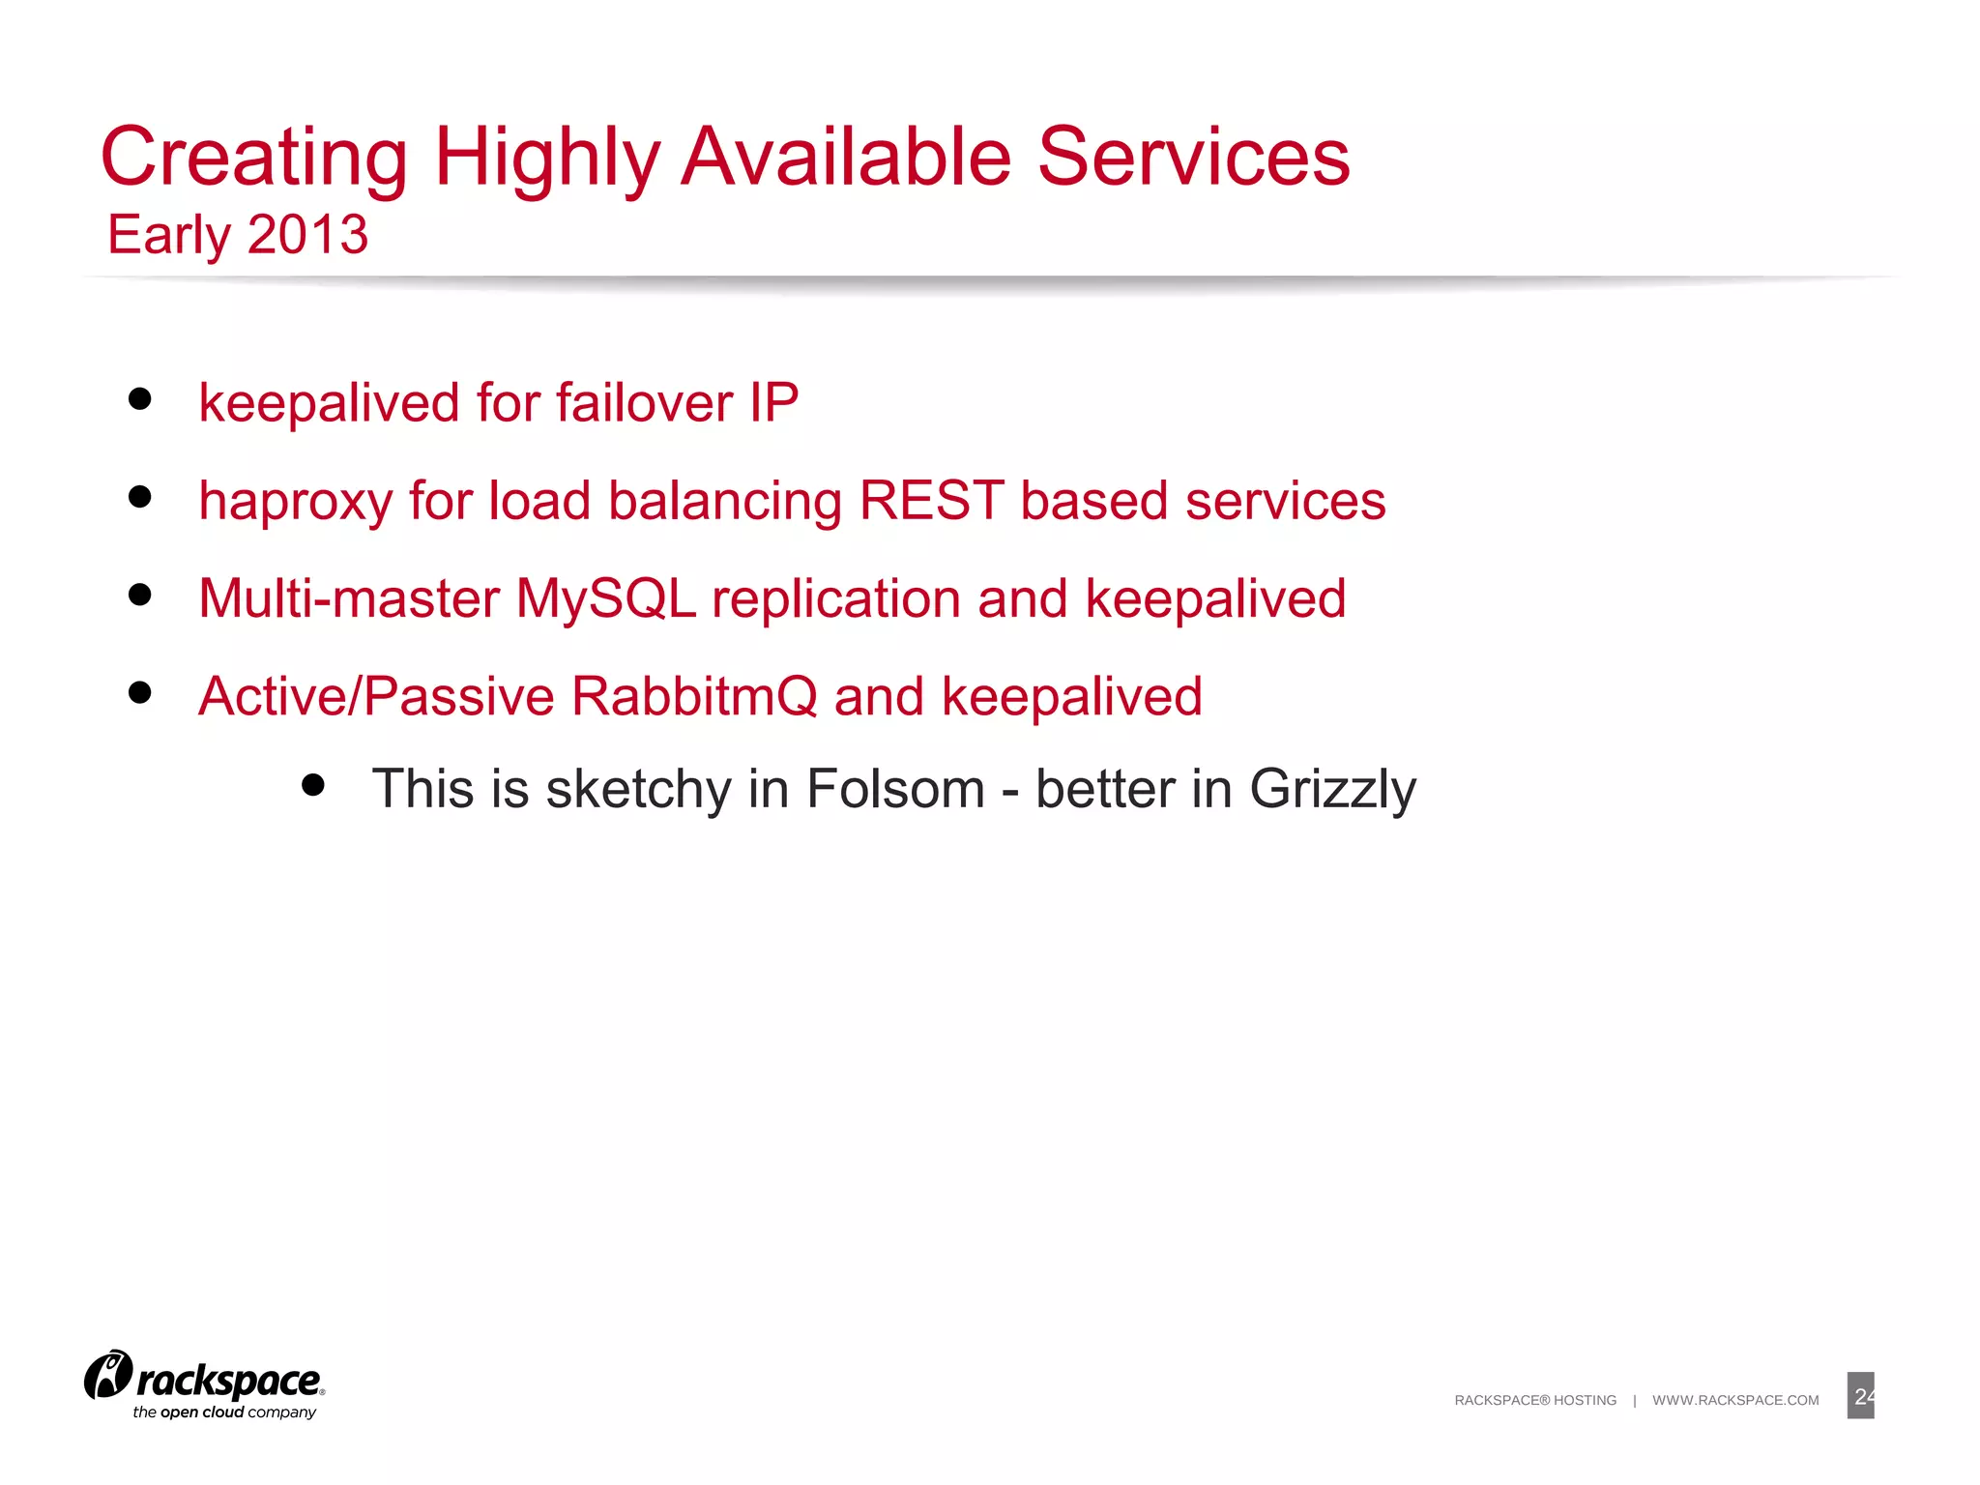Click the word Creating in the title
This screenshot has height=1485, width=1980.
(x=254, y=158)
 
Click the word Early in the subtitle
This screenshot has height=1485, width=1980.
(x=169, y=235)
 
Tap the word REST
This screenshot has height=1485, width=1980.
(x=931, y=501)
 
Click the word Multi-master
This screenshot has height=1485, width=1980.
(x=349, y=598)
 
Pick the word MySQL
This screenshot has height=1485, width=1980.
(x=606, y=599)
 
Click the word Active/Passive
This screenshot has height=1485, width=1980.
(x=376, y=697)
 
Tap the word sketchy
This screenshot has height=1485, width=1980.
(x=638, y=789)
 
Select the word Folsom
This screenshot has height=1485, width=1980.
(x=895, y=789)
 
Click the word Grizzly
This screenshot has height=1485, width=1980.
(x=1332, y=790)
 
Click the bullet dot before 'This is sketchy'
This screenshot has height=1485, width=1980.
(x=312, y=784)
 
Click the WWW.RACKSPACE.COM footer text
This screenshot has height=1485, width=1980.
(x=1735, y=1400)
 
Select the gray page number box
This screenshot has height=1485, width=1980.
(x=1860, y=1395)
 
